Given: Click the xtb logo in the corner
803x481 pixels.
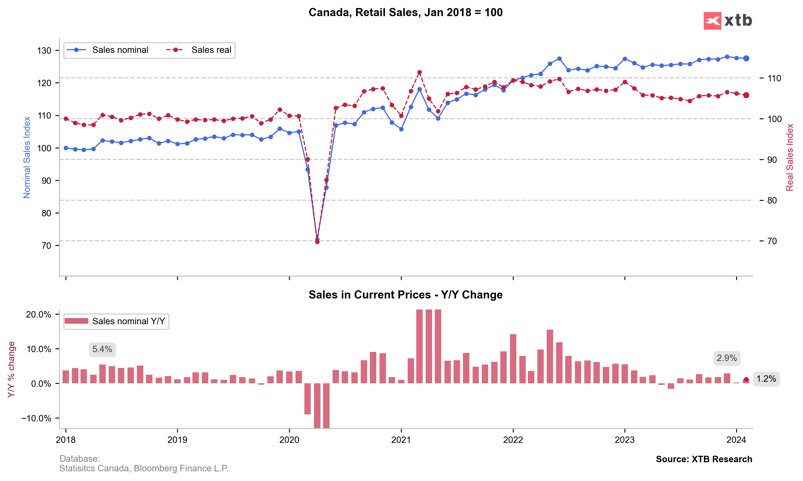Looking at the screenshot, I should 728,21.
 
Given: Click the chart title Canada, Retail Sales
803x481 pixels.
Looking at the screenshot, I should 405,12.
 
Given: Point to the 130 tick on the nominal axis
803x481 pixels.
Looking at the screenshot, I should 44,50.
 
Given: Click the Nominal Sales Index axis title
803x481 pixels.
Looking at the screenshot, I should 27,157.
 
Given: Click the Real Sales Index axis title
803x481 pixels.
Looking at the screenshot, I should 790,157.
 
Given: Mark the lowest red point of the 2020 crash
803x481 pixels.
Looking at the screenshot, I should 317,242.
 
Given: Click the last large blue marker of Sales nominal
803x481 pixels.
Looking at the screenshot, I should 746,58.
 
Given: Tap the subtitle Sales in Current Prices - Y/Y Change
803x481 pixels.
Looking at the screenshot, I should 405,295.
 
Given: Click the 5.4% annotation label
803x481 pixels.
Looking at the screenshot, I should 102,349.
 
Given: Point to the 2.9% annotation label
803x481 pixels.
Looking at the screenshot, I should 727,358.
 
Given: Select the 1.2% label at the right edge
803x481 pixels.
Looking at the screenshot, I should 766,379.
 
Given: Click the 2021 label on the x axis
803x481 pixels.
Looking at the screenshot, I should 401,440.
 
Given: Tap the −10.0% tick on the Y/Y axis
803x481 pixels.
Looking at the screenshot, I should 36,418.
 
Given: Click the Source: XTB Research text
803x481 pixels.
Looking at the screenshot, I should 704,459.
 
